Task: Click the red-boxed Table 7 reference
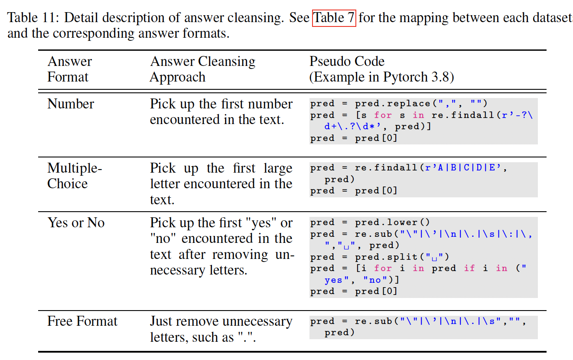click(334, 18)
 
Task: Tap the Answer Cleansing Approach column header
click(202, 69)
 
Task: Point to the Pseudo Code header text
click(347, 62)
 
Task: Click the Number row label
click(71, 104)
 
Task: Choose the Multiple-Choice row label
click(74, 176)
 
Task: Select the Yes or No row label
click(76, 223)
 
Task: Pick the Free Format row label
click(82, 321)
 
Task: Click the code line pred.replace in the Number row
click(399, 104)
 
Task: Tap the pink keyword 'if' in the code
click(469, 268)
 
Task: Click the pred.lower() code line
click(370, 223)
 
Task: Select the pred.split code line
click(380, 257)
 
